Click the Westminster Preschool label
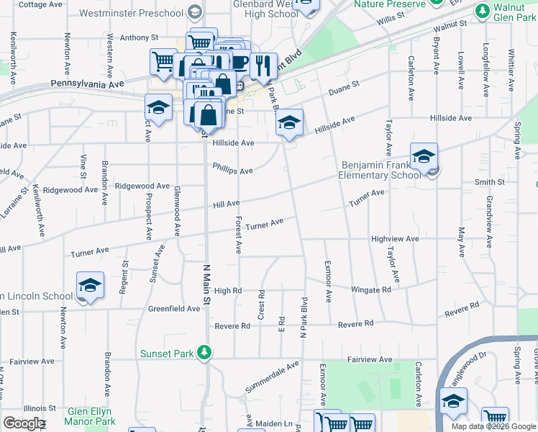131,13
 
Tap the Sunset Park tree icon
206,352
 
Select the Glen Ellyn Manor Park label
91,416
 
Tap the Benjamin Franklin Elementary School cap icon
424,156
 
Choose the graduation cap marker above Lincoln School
91,286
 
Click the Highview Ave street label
394,238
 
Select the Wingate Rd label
370,289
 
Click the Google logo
24,423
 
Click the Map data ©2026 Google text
493,426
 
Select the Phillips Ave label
232,169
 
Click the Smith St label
488,183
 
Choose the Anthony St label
138,37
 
